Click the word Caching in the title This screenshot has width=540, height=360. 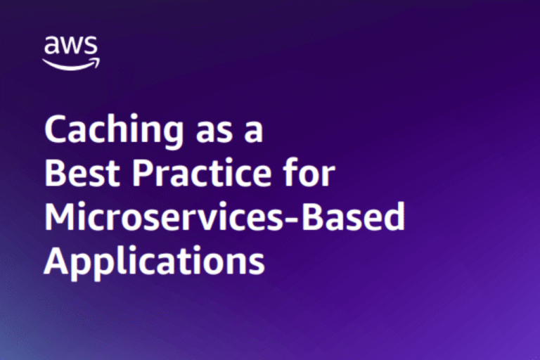114,131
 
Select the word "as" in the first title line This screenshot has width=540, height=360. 214,132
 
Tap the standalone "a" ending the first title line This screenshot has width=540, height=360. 254,132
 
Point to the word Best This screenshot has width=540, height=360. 82,172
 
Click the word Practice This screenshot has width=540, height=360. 202,172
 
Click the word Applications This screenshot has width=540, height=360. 154,262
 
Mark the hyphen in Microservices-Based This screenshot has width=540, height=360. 292,220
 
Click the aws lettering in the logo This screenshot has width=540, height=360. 71,45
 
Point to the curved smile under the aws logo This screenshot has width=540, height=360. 71,64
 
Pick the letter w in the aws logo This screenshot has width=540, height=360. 70,45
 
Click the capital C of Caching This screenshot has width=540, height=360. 56,129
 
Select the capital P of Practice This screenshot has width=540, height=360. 143,173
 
